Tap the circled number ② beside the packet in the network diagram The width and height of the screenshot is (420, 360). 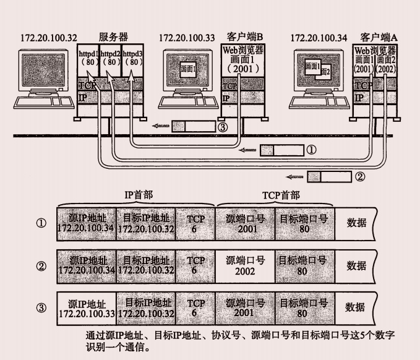tap(360, 176)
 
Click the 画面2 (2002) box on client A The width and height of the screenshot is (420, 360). tap(385, 65)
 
